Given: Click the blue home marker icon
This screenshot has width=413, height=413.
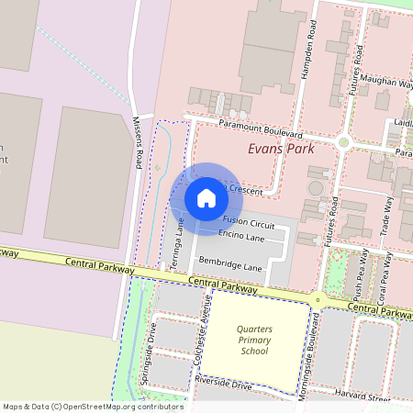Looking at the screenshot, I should pyautogui.click(x=206, y=197).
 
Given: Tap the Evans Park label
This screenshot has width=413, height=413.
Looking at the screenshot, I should pyautogui.click(x=281, y=149).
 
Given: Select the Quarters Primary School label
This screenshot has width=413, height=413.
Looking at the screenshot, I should pyautogui.click(x=252, y=340).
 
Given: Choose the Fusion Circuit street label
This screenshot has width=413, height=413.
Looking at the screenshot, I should pyautogui.click(x=249, y=223).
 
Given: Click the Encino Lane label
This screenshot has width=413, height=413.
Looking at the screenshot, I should pyautogui.click(x=242, y=238).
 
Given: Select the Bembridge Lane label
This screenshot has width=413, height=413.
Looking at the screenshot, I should pyautogui.click(x=230, y=268).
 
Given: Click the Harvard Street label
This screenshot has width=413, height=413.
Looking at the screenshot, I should pyautogui.click(x=364, y=397).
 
